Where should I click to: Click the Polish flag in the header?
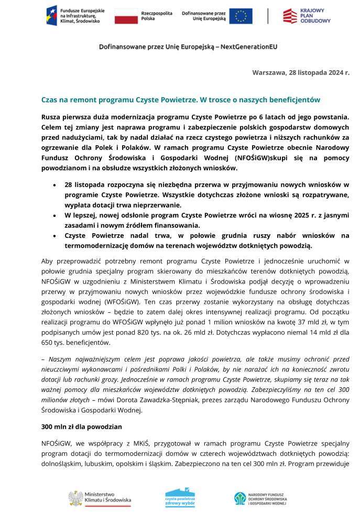[x=126, y=16]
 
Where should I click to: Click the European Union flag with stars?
[x=241, y=16]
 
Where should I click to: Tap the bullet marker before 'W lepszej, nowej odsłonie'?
[x=56, y=215]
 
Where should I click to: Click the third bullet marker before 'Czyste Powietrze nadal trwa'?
[x=56, y=235]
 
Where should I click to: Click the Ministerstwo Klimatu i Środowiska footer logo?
[x=100, y=498]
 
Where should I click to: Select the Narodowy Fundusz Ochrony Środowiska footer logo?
[x=260, y=498]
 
